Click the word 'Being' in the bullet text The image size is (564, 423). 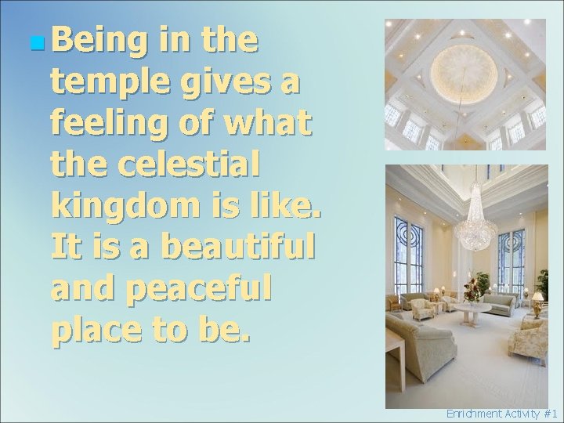(90, 42)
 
